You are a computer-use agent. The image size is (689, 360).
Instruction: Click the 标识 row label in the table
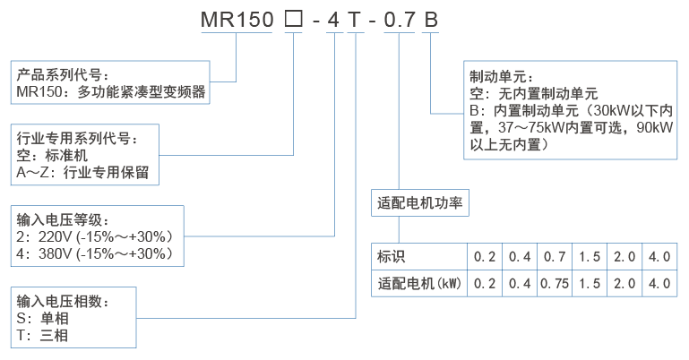(x=392, y=257)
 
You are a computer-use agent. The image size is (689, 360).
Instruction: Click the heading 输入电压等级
(x=63, y=220)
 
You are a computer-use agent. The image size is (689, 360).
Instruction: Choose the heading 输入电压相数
(x=63, y=302)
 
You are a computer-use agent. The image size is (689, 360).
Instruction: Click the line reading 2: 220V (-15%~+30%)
(x=94, y=237)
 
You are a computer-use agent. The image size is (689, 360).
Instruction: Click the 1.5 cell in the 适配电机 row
(x=590, y=284)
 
